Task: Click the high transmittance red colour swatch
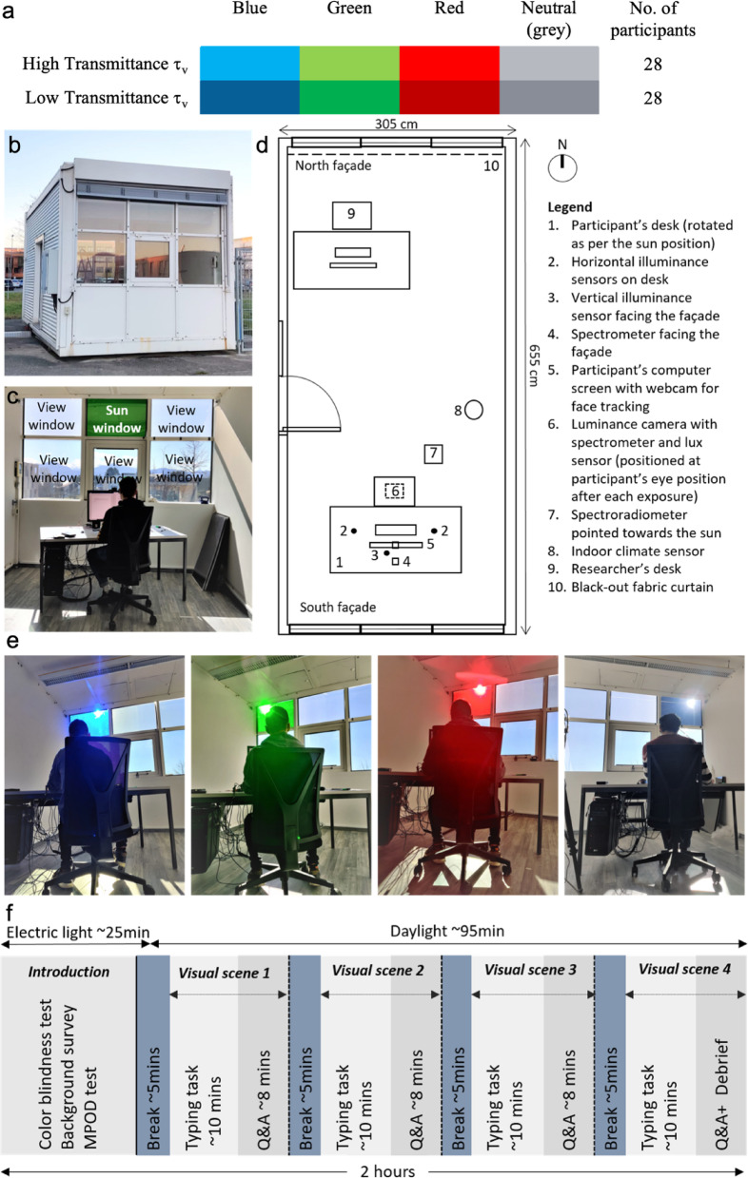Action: coord(449,63)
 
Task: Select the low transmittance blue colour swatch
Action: coord(249,97)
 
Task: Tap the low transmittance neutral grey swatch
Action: coord(549,97)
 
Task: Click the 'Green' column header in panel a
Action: coord(349,9)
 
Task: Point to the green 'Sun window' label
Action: coord(116,418)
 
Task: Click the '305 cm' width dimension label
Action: coord(397,125)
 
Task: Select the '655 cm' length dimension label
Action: coord(533,365)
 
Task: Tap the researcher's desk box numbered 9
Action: coord(351,215)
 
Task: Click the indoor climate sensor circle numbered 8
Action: coord(474,410)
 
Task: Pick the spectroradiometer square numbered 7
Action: coord(433,454)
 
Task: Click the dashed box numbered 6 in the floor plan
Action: coord(394,491)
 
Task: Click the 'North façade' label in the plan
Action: coord(333,165)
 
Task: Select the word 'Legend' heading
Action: coord(569,206)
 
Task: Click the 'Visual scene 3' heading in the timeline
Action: coord(530,969)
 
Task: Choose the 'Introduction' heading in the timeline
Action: coord(69,972)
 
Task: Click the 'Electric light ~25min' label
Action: coord(78,933)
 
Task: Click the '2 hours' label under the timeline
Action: coord(387,1170)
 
